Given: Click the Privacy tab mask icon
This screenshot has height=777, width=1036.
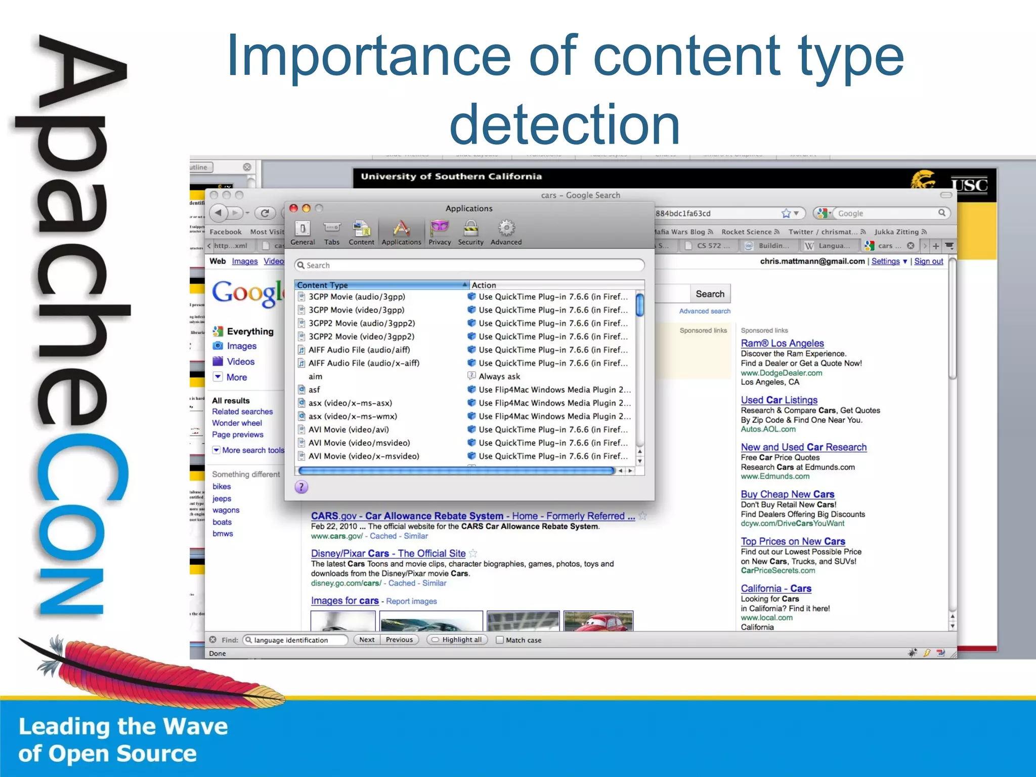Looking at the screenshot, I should click(439, 228).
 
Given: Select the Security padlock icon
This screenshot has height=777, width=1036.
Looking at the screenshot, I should click(470, 228).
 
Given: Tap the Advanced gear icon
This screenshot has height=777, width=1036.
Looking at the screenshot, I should click(506, 228).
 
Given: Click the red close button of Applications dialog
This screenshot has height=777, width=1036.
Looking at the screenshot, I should click(293, 208).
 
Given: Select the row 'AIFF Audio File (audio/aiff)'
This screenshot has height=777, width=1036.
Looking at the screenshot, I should click(359, 350).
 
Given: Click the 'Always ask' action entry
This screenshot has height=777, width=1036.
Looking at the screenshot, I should click(499, 376).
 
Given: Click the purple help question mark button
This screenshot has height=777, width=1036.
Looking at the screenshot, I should click(301, 487).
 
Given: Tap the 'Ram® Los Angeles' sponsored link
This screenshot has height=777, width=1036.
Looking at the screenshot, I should click(782, 343).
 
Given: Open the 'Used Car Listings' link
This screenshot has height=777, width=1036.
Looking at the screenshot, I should click(779, 400).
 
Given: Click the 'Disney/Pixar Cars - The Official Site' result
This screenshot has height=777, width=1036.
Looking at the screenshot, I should click(388, 553).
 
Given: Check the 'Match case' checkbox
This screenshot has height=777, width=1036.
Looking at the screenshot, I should click(500, 640).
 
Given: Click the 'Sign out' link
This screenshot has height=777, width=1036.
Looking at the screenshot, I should click(929, 261).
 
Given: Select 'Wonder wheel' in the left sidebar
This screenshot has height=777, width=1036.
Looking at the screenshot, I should click(237, 423).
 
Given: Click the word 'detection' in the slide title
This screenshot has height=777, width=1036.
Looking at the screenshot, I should click(565, 124).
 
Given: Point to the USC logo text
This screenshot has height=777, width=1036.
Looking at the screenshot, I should click(969, 185).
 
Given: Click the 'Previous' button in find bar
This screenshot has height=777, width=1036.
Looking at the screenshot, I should click(399, 639).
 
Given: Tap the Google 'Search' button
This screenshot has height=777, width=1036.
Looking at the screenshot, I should click(710, 294).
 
